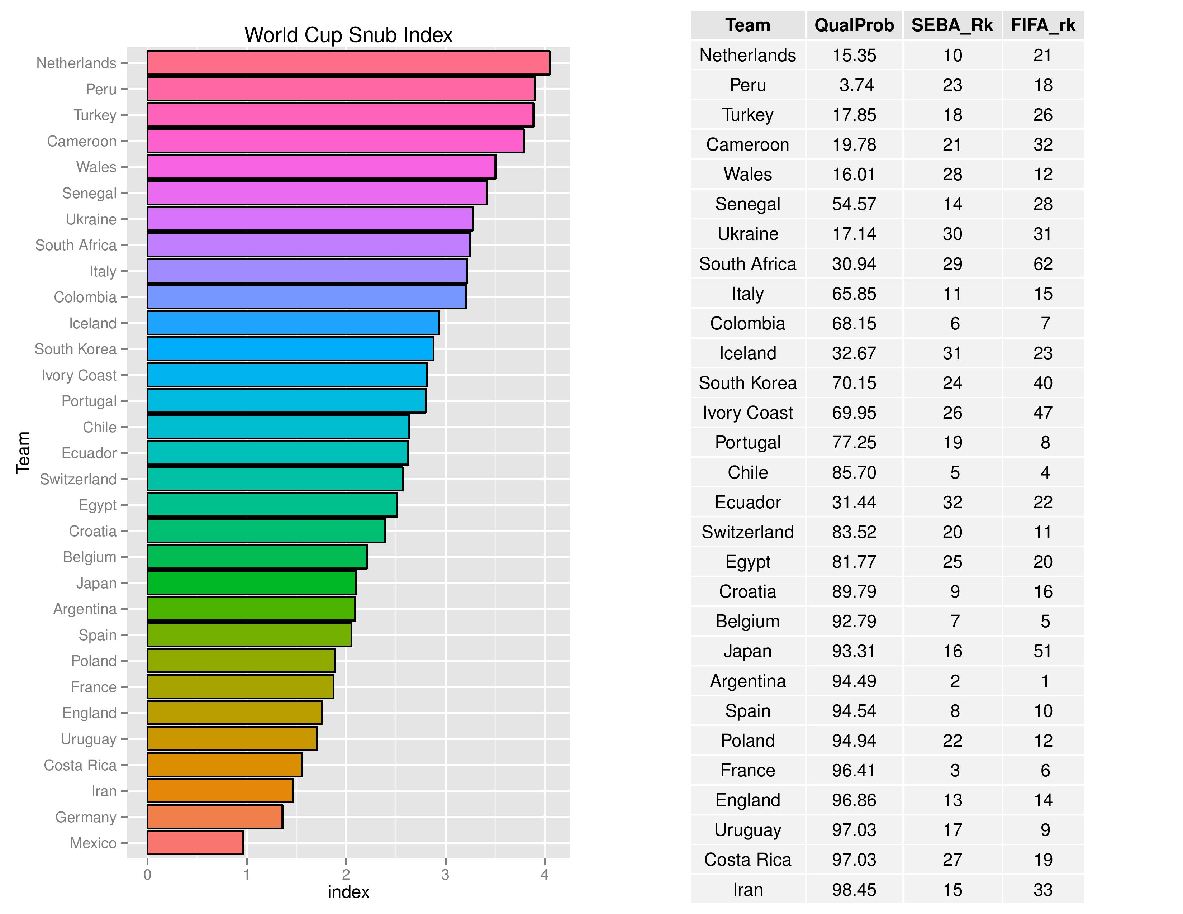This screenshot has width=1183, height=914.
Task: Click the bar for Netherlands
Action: point(348,63)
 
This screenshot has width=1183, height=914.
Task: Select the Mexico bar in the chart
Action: point(195,843)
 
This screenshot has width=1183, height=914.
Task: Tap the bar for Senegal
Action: point(317,193)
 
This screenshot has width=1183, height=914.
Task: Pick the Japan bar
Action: point(251,582)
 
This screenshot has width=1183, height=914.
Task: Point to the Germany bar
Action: point(214,817)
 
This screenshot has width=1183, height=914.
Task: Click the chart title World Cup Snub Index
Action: point(348,35)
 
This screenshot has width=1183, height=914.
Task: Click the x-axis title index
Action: point(348,892)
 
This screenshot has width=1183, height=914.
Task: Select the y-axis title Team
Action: point(23,453)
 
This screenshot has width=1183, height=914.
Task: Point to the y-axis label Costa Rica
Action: point(80,765)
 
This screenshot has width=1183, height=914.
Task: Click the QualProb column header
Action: point(854,25)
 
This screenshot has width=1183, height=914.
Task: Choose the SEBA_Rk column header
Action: point(952,25)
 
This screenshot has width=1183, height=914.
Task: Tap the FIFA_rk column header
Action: point(1043,25)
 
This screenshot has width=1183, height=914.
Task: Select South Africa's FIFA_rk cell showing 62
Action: point(1043,264)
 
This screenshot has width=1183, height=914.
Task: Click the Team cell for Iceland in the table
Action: point(747,353)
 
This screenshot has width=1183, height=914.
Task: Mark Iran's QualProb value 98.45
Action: point(854,890)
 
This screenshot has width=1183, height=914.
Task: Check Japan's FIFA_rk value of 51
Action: point(1043,651)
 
